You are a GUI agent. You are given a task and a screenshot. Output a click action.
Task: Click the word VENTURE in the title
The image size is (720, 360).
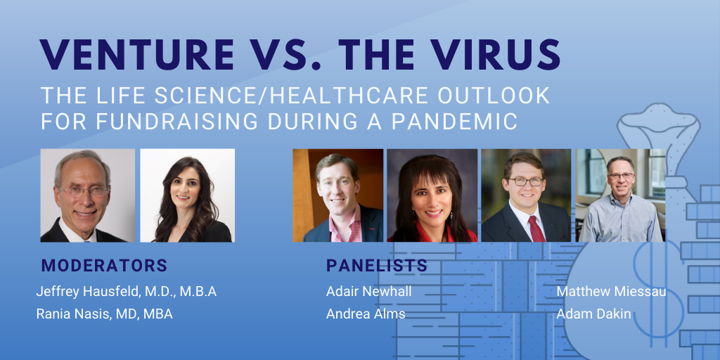[x=137, y=54]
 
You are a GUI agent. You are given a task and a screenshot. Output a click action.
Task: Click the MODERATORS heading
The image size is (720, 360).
[x=104, y=265]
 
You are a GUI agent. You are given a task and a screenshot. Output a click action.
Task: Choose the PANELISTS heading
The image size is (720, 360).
[x=377, y=265]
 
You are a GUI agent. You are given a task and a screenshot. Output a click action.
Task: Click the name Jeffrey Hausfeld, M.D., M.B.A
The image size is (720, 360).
[x=127, y=292]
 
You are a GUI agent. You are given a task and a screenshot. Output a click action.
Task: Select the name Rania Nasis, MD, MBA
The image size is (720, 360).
[x=105, y=314]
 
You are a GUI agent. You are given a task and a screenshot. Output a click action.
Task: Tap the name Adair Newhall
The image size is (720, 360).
[x=368, y=292]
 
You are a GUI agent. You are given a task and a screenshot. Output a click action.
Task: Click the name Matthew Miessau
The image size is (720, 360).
[x=611, y=292]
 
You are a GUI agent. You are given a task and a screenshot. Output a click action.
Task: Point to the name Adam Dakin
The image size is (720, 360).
[x=593, y=314]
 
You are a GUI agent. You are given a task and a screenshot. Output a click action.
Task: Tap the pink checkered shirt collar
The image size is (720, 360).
[x=342, y=225]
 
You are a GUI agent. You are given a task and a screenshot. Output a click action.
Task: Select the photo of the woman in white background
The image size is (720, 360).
[x=187, y=195]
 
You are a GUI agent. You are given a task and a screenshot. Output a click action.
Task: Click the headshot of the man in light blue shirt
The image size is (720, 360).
[x=620, y=195]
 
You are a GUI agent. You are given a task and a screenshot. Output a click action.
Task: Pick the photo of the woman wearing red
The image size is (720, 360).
[x=432, y=195]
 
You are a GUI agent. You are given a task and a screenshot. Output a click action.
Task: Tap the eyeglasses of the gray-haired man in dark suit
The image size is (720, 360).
[x=83, y=191]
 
